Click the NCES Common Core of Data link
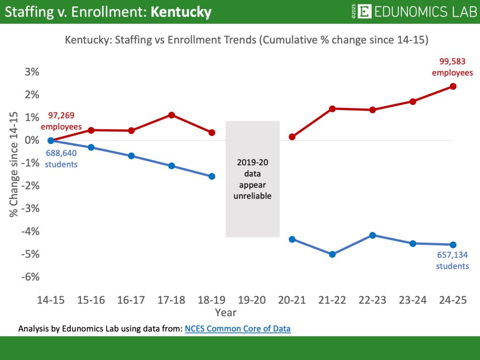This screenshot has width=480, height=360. pos(238,329)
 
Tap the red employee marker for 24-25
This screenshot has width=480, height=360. pos(453,86)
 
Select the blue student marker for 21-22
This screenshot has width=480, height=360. pos(332,254)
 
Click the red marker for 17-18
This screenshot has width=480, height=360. pos(172,115)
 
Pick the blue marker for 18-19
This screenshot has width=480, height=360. pos(212,176)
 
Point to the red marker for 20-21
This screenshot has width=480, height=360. pos(292,137)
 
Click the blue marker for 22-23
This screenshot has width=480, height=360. pos(373,235)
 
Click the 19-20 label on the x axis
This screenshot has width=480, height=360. pos(252,300)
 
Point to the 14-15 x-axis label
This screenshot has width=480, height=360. pos(51,300)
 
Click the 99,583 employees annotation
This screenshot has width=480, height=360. pos(452,67)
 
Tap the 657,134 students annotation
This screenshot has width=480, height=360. pos(452,260)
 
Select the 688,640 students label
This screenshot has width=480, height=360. pos(61,158)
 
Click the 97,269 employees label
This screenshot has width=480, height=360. pos(61,120)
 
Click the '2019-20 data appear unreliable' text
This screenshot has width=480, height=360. pos(253,179)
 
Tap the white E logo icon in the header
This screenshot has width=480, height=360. pos(364,11)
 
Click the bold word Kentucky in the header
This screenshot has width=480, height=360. pos(181,12)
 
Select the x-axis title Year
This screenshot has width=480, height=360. pos(225,312)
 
